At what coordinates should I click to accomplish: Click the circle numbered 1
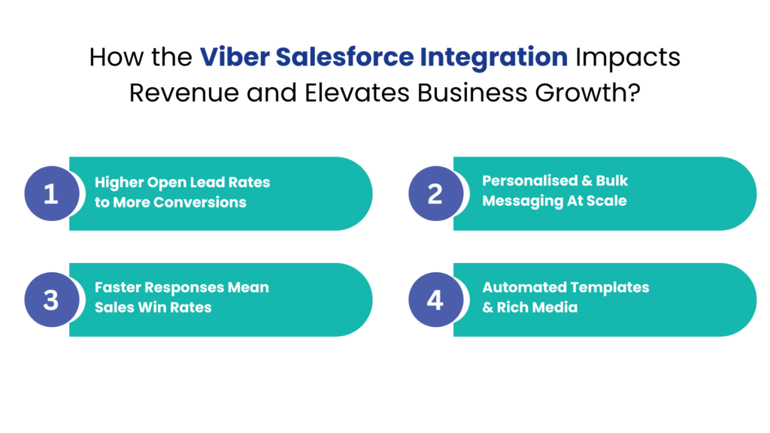tap(50, 194)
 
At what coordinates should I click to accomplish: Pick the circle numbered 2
tap(435, 193)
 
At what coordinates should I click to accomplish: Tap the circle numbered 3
tap(50, 300)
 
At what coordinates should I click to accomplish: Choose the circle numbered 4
tap(435, 300)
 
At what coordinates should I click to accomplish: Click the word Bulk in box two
tap(612, 181)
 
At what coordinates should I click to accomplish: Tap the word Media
tap(557, 307)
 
